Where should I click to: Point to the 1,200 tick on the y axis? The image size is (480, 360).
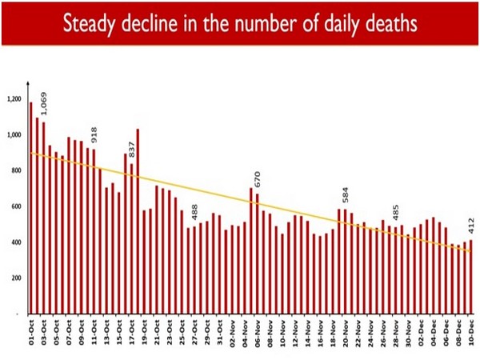coord(15,99)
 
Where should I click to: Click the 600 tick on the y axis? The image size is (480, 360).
coord(17,206)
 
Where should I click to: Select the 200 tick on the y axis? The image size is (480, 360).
coord(17,278)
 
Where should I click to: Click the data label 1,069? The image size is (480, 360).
coord(44,102)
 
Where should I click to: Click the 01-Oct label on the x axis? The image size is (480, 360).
coord(31,331)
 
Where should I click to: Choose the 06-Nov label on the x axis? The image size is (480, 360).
coord(258,331)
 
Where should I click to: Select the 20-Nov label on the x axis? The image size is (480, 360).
coord(345,331)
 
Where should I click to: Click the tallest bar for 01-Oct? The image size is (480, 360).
coord(31,208)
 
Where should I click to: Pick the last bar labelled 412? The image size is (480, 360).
coord(471,276)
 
